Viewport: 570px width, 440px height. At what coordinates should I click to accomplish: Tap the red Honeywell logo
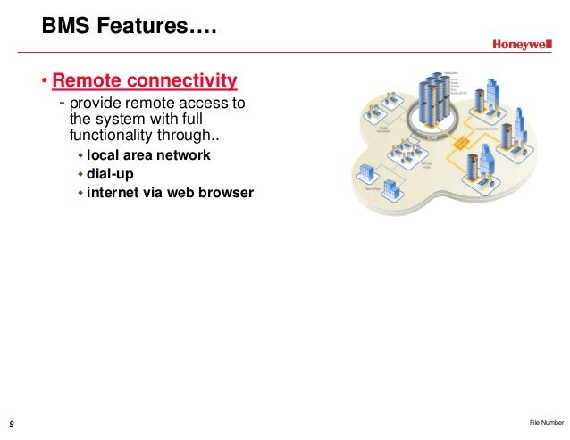522,46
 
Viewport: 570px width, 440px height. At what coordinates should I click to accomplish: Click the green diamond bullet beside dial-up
80,173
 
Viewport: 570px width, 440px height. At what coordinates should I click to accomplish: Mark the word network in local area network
183,155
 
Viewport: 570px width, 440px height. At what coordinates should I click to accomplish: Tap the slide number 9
11,422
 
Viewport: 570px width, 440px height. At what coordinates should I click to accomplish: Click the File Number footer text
546,422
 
